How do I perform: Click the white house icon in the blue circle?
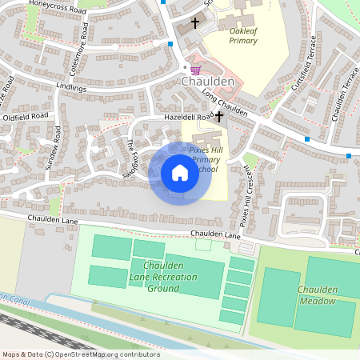[x=180, y=173]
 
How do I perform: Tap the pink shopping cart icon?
[x=194, y=70]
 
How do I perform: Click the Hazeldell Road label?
[x=189, y=117]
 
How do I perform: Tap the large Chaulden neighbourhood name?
[x=207, y=82]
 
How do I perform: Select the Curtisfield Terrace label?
[x=305, y=63]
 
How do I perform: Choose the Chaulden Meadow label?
[x=317, y=294]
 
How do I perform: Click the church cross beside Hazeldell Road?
[x=219, y=117]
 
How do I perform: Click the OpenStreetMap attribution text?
[x=80, y=354]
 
